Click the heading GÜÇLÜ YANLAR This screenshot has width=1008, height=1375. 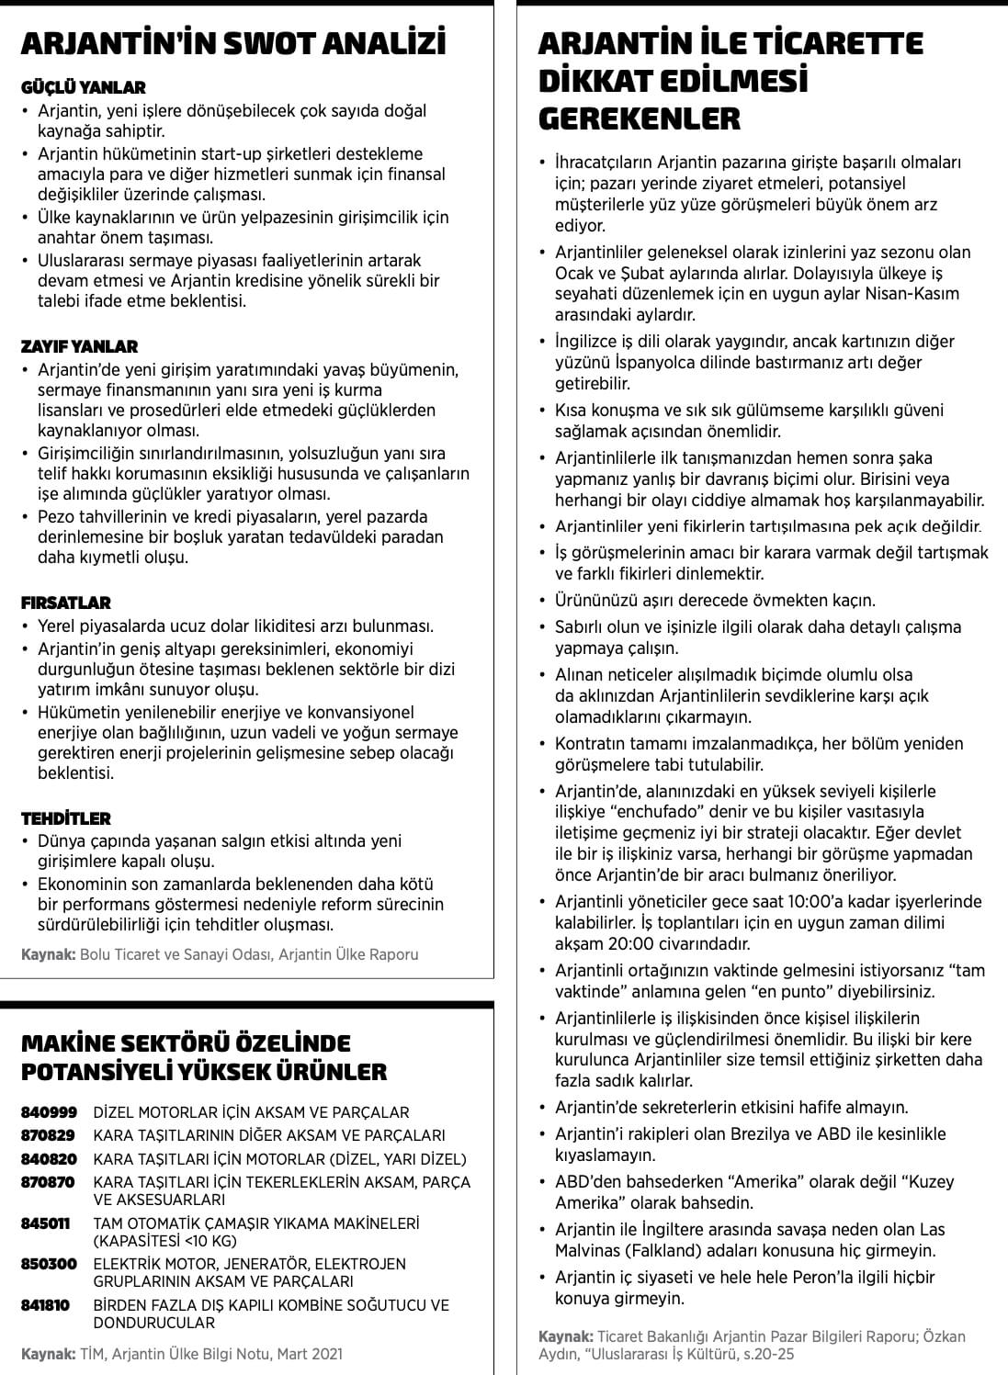click(x=83, y=87)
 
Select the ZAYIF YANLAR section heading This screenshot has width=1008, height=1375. click(x=79, y=346)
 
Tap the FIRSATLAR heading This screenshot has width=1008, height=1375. click(x=65, y=603)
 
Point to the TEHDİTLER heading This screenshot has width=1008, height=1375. click(x=65, y=817)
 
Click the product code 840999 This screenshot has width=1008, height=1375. click(x=49, y=1111)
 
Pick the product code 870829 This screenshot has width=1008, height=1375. click(x=49, y=1135)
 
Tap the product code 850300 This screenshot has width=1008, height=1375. click(x=49, y=1264)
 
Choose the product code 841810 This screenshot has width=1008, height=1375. click(x=45, y=1304)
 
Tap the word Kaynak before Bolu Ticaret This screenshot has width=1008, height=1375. click(x=49, y=954)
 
